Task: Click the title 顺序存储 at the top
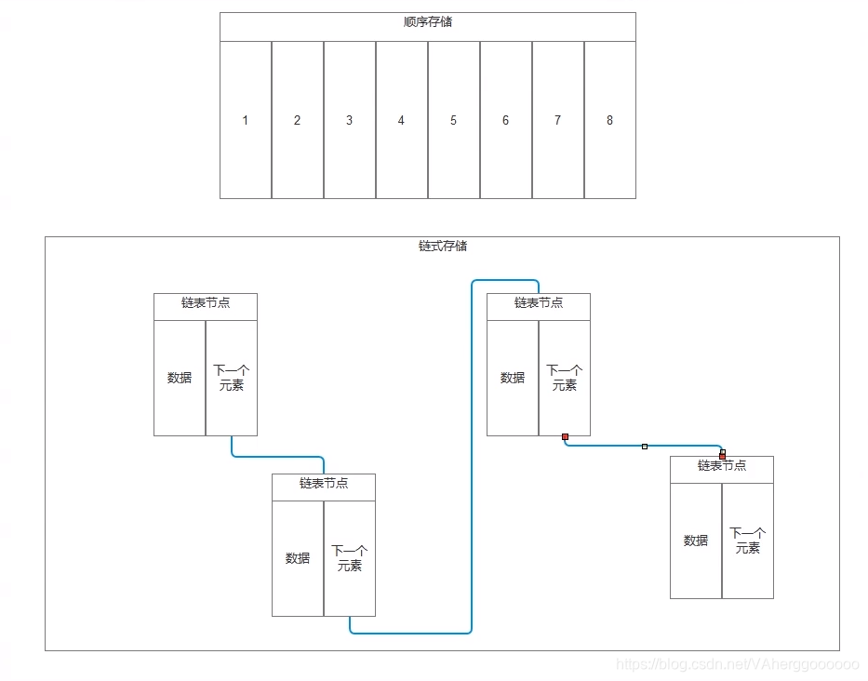[428, 22]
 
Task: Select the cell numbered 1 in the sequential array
[246, 120]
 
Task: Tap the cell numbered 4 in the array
[402, 120]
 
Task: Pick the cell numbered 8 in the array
[610, 120]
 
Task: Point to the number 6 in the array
[506, 120]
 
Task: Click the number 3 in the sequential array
[350, 120]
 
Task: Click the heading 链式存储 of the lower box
[443, 247]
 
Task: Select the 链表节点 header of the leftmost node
[206, 303]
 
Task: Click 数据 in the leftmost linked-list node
[180, 378]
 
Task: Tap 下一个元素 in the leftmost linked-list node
[232, 378]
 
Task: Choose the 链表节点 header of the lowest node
[324, 484]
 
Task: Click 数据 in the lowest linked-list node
[298, 558]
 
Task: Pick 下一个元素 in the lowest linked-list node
[350, 558]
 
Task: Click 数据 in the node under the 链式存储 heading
[513, 378]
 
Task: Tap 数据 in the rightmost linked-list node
[696, 541]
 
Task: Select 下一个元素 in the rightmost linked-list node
[748, 541]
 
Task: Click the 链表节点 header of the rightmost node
[722, 466]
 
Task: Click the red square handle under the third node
[565, 436]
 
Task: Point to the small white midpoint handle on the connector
[645, 447]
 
